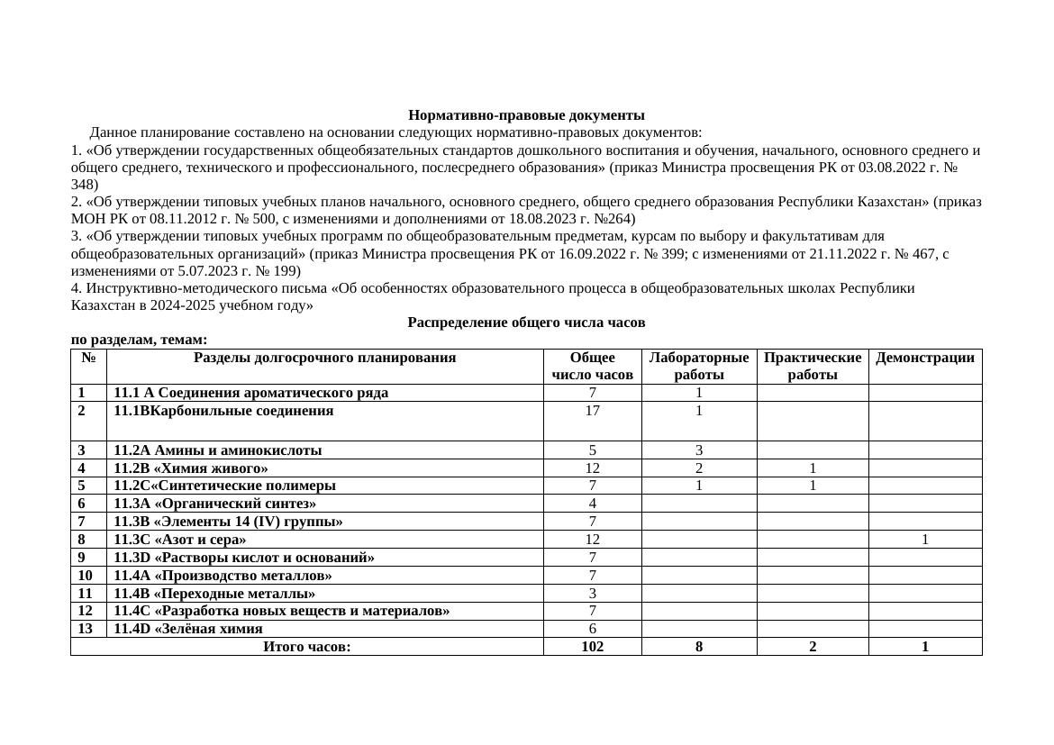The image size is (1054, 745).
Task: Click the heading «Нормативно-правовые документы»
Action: coord(526,115)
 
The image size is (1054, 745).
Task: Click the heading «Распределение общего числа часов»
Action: coord(526,323)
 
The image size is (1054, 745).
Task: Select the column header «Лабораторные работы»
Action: coord(698,366)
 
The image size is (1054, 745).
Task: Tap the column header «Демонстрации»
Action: coord(924,358)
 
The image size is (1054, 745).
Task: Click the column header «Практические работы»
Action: coord(812,366)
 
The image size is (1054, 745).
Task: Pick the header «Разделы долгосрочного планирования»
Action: coord(324,358)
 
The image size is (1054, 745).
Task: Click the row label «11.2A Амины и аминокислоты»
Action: coord(217,450)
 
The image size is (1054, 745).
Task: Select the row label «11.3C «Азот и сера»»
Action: coord(179,540)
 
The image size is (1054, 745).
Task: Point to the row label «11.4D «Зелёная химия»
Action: coord(188,629)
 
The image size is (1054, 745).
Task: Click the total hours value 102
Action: coord(592,647)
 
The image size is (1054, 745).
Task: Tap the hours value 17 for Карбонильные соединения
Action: coord(592,411)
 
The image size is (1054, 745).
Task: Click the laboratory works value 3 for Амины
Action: coord(698,450)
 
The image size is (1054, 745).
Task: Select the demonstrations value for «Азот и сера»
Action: coord(924,540)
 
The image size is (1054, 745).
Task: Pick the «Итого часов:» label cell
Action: coord(306,647)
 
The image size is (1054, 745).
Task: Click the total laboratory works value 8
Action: coord(698,647)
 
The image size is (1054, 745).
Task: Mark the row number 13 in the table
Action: coord(86,629)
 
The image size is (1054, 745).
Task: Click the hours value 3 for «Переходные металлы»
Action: coord(592,594)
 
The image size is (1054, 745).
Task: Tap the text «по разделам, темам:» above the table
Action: coord(139,340)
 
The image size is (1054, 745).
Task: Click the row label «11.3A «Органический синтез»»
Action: coord(214,504)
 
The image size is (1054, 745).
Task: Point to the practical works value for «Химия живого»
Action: coord(812,468)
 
